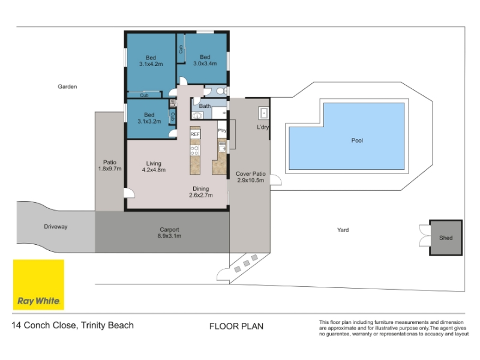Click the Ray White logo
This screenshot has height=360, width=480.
point(38,284)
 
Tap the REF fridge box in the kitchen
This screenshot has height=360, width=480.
point(195,134)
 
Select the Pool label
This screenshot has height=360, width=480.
point(357,140)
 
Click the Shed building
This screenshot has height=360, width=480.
point(446,238)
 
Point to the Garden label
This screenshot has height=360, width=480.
point(67,86)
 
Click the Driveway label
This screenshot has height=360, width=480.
point(55,227)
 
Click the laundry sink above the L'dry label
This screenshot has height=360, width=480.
point(263,113)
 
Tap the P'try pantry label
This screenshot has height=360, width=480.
point(222,130)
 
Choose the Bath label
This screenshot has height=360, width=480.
point(205,106)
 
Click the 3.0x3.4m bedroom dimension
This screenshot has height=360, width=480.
point(205,64)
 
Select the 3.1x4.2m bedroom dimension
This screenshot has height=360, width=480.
point(151,64)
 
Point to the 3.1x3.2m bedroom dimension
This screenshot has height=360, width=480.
point(149,121)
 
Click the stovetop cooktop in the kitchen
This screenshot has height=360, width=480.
point(195,151)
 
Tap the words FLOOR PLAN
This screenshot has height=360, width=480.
point(236,326)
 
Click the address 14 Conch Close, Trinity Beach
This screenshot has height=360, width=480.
point(73,325)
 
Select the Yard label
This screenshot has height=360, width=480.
point(343,230)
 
